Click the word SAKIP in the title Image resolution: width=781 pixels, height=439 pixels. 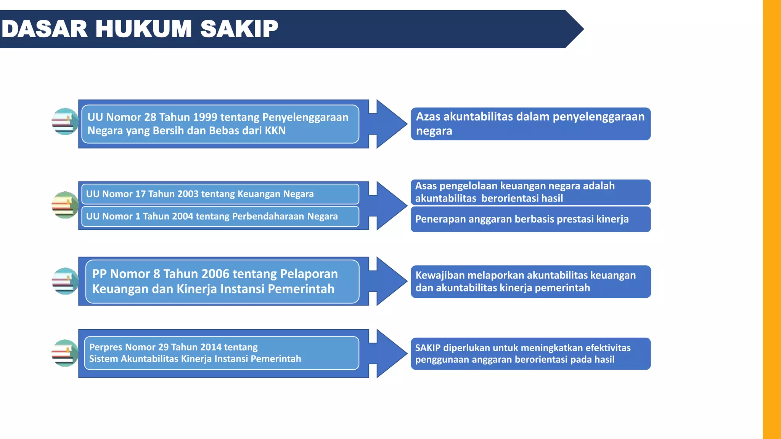tap(239, 29)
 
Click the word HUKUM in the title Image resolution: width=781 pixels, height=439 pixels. tap(143, 29)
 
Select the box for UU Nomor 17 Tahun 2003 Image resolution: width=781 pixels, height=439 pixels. tap(220, 194)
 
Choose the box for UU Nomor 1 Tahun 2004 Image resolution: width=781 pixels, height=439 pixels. tap(220, 216)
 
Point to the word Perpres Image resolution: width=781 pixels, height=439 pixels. tap(106, 347)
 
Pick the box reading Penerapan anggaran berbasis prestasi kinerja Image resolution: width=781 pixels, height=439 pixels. tap(530, 219)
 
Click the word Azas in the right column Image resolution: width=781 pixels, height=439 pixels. tap(428, 117)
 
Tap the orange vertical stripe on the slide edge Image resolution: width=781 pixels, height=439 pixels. tap(771, 219)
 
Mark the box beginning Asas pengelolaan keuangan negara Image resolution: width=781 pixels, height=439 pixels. tap(530, 192)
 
